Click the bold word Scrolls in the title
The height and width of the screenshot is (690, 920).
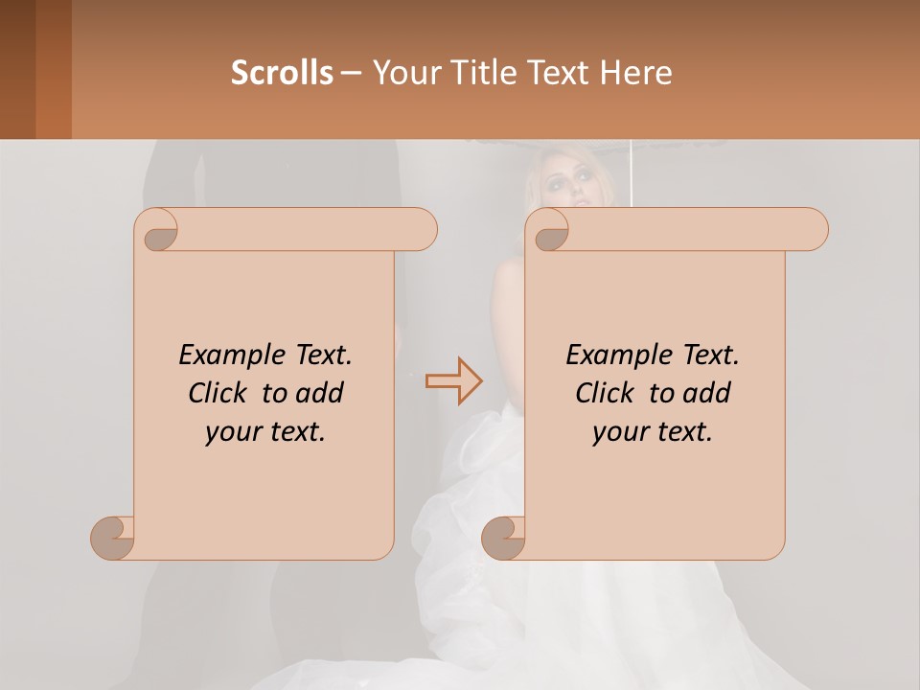click(282, 73)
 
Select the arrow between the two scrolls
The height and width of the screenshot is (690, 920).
click(453, 380)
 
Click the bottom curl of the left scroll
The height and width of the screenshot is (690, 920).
click(113, 537)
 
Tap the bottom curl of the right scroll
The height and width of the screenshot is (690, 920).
click(503, 537)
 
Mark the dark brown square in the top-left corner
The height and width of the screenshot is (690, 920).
click(17, 69)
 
